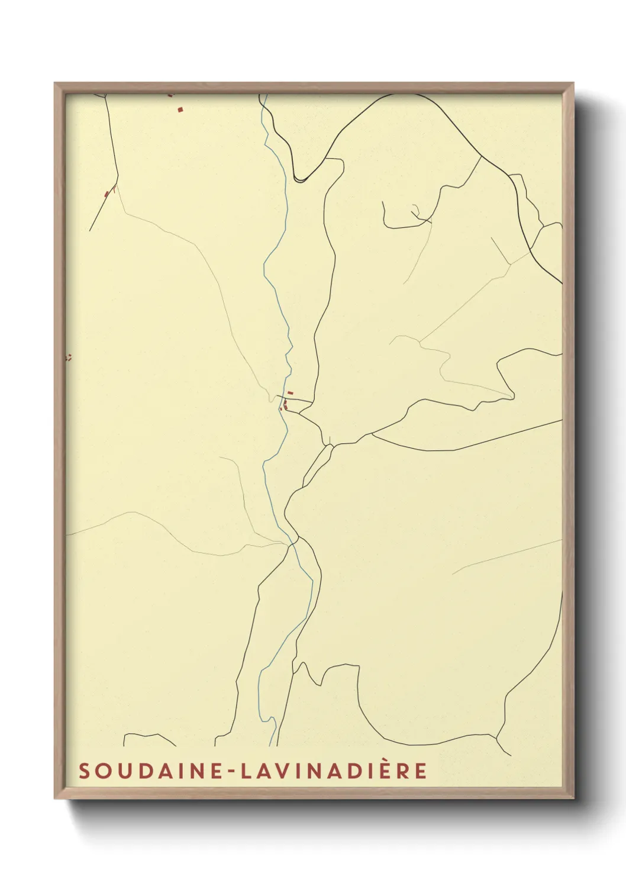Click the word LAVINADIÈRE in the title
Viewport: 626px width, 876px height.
pos(328,771)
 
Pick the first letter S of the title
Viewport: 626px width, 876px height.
pos(84,771)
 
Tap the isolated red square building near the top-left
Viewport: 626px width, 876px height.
pos(180,109)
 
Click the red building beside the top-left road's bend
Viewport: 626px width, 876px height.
pos(107,194)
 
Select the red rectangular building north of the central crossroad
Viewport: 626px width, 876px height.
pos(290,392)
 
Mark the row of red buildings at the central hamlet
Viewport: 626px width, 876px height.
pos(285,405)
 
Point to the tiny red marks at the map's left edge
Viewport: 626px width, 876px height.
pos(69,357)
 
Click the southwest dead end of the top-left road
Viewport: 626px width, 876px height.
pos(90,230)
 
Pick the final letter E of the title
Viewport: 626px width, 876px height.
pos(421,771)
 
